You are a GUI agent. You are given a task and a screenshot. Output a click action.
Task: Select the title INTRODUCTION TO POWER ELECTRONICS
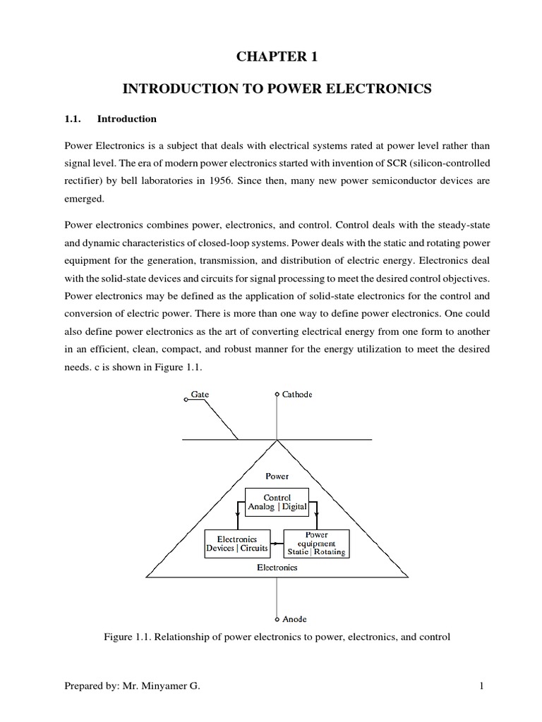pos(277,89)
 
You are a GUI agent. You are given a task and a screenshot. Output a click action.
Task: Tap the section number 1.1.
pos(73,119)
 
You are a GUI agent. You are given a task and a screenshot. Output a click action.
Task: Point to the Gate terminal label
pos(200,394)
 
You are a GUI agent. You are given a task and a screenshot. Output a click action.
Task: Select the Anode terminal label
pos(294,619)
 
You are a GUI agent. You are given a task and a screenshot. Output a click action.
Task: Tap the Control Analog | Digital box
pos(277,501)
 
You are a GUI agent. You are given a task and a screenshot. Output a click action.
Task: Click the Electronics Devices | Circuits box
pos(236,544)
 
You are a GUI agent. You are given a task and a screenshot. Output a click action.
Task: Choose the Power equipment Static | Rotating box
pos(315,544)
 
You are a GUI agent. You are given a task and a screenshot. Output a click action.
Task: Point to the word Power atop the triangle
pos(277,476)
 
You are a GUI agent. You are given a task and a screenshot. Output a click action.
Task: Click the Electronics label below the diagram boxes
pos(277,567)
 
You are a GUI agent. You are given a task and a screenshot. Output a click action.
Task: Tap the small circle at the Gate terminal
pos(186,399)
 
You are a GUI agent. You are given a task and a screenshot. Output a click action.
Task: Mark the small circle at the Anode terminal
pos(277,619)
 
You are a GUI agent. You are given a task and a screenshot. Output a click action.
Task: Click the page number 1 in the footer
pos(480,686)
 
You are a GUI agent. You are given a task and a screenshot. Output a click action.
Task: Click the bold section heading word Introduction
pos(127,119)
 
